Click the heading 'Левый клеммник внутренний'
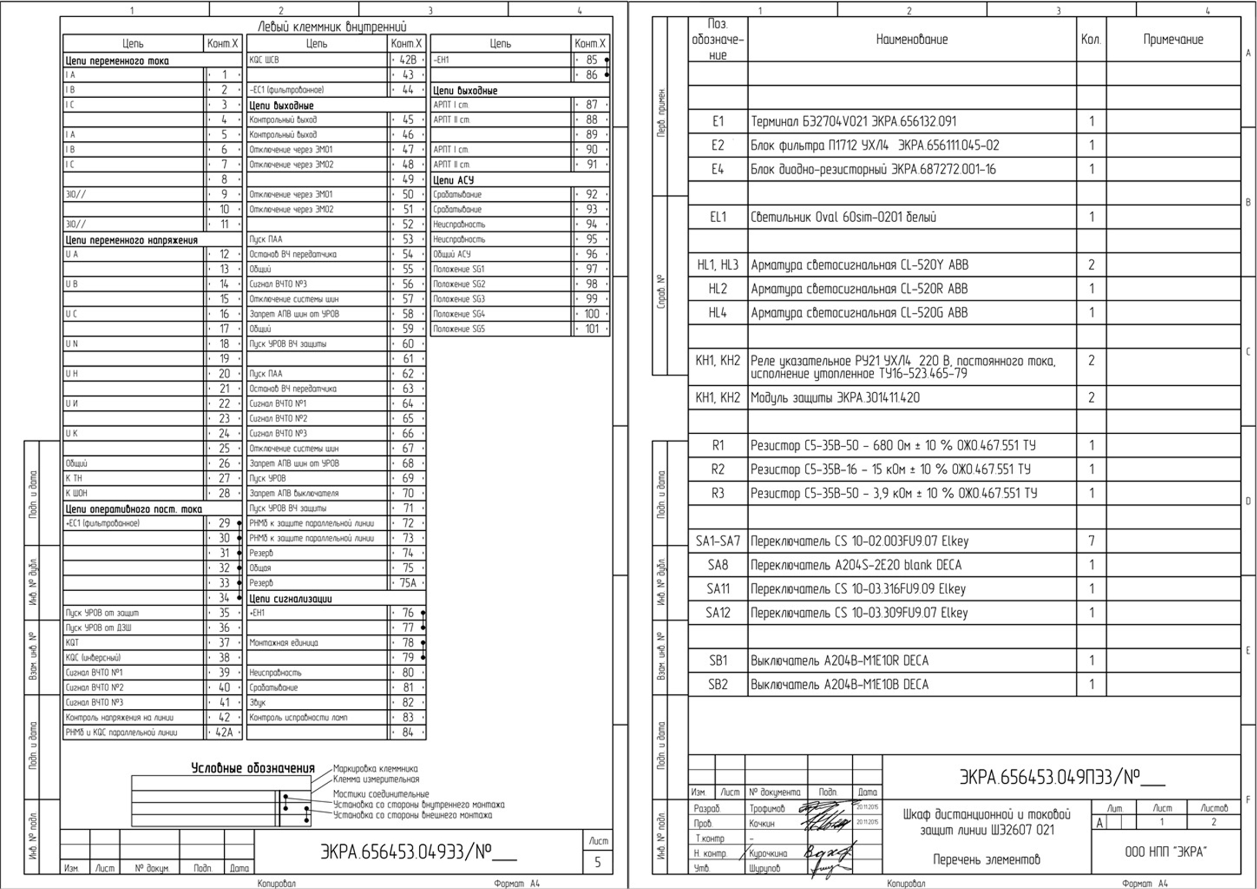332,26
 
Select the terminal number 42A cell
224,733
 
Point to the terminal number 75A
408,583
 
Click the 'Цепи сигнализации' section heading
291,599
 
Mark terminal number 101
592,329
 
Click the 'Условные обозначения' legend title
253,768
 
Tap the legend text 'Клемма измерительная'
376,779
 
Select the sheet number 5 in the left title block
597,863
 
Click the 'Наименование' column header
911,39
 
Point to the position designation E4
717,169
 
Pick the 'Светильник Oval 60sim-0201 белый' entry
843,217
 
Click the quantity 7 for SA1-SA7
1091,541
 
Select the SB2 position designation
717,685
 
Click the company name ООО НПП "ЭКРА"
1165,852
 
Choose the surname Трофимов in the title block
766,808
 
